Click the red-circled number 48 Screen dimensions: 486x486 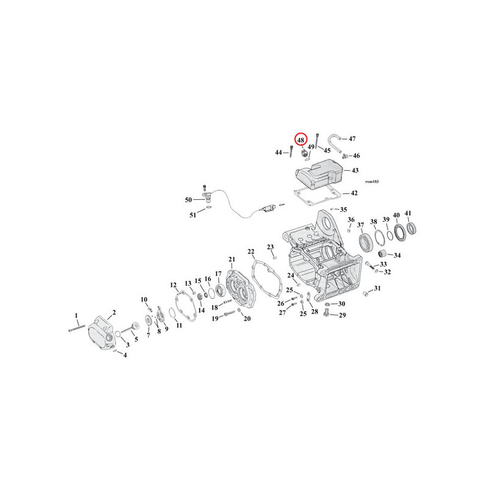(x=301, y=140)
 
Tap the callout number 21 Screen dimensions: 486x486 (x=232, y=259)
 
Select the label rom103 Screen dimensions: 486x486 (x=372, y=182)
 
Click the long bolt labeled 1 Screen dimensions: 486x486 (x=77, y=327)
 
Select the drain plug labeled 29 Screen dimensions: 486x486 (x=326, y=313)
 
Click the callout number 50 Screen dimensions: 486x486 (x=188, y=200)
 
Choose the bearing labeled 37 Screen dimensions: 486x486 (x=365, y=242)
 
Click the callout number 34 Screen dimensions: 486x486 (x=397, y=255)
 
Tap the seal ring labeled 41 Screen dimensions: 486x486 (x=411, y=228)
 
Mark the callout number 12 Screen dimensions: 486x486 (x=173, y=285)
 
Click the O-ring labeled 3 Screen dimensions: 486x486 (x=118, y=334)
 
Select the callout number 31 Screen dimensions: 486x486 (x=377, y=288)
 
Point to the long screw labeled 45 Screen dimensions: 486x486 (x=317, y=141)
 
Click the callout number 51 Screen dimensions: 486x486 (x=193, y=215)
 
